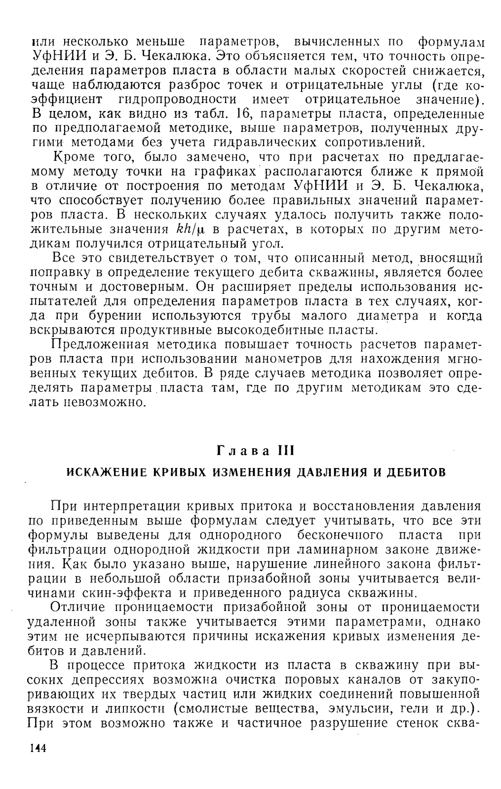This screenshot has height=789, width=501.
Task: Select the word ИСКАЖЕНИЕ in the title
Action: [101, 472]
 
